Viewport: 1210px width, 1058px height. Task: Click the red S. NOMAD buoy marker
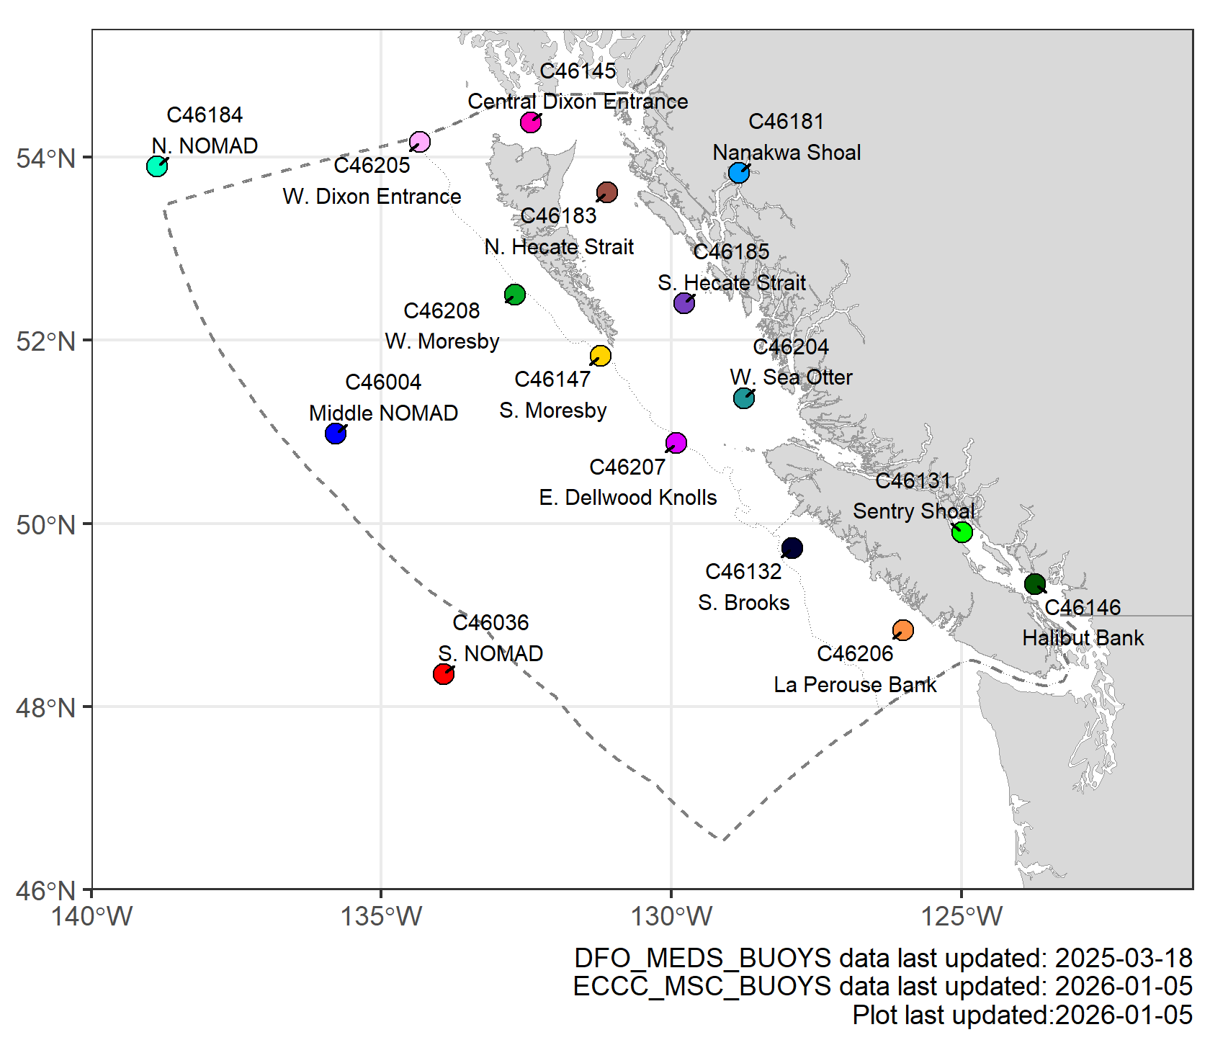click(444, 674)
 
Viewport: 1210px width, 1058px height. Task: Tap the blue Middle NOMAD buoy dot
click(336, 434)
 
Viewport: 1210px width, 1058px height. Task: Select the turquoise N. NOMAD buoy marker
click(157, 166)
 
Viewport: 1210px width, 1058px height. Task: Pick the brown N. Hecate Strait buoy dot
click(607, 192)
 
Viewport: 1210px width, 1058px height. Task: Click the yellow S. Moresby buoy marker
click(601, 356)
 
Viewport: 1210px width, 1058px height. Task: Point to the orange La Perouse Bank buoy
click(902, 631)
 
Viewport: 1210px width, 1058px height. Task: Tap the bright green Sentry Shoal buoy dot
click(962, 532)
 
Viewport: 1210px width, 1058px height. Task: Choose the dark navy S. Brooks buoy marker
click(792, 548)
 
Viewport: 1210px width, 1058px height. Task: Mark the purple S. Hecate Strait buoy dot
click(684, 303)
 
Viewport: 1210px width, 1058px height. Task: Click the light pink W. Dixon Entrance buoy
click(420, 142)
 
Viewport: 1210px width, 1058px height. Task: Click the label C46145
click(578, 71)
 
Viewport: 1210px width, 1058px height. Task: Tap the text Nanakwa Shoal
click(786, 153)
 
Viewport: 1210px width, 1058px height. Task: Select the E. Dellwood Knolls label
click(628, 498)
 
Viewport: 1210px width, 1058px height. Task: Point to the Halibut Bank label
click(1083, 638)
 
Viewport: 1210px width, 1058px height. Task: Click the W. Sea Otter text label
click(791, 377)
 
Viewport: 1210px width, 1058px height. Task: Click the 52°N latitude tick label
click(46, 341)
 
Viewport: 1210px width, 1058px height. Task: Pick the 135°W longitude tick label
click(382, 917)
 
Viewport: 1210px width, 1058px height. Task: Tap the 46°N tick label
click(46, 891)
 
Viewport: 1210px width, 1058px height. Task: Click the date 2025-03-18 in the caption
click(1124, 959)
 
